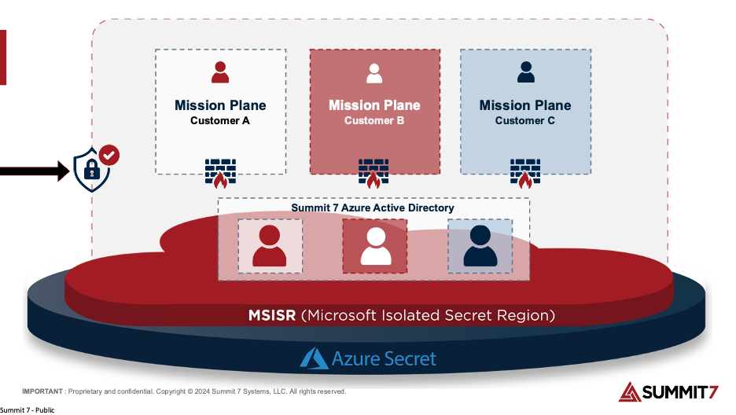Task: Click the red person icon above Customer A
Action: click(220, 72)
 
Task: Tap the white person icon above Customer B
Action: click(374, 73)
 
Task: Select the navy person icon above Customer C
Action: click(526, 72)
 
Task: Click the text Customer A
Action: click(220, 120)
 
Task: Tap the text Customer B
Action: click(374, 120)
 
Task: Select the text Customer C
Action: click(524, 120)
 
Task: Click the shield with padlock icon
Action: click(92, 170)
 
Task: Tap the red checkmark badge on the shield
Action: click(109, 155)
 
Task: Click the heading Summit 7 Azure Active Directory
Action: click(373, 207)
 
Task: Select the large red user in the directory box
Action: click(270, 246)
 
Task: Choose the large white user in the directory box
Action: click(376, 246)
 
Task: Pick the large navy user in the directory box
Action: click(480, 246)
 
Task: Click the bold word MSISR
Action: click(272, 315)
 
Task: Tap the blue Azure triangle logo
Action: click(314, 358)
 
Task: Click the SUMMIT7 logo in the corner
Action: click(668, 392)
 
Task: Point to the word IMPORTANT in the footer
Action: click(42, 391)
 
